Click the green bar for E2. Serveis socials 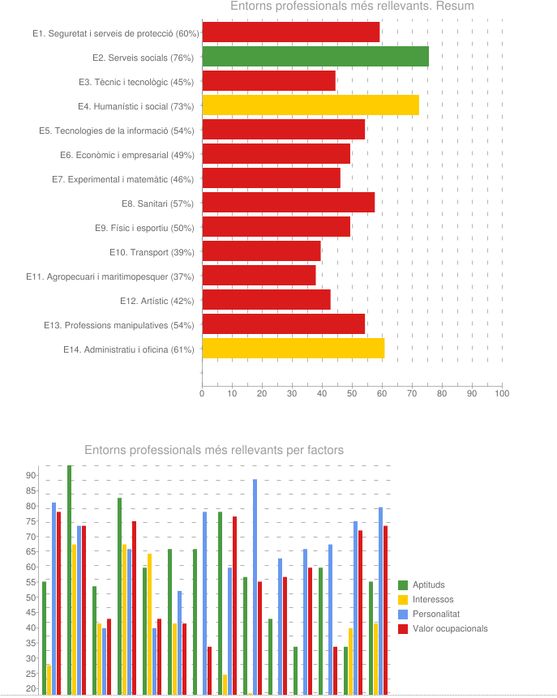coord(315,57)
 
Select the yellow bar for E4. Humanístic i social coord(311,105)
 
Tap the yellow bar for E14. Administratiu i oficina coord(293,349)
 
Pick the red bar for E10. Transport coord(261,251)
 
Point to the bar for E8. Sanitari coord(288,203)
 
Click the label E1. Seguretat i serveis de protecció coord(116,33)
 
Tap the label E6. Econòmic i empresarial coord(126,155)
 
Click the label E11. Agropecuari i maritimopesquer coord(109,276)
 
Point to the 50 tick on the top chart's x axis coord(352,393)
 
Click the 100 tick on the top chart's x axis coord(502,393)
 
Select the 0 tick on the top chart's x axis coord(202,393)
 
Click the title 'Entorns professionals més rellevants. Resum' coord(352,6)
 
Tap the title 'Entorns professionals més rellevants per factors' coord(214,450)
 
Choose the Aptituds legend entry coord(428,585)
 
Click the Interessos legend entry coord(432,599)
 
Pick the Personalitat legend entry coord(436,614)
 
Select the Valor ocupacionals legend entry coord(450,628)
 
